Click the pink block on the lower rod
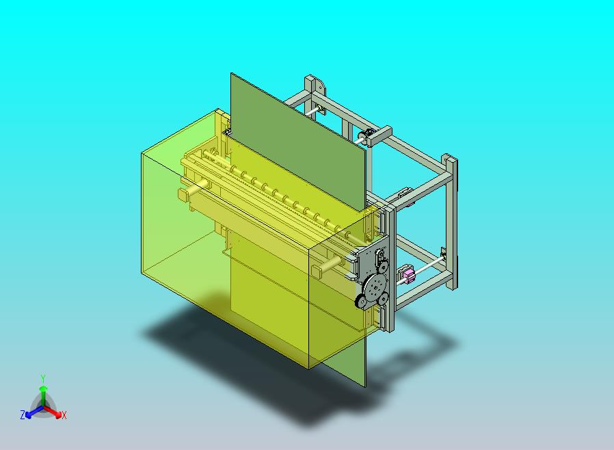point(408,276)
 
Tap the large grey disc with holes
point(375,288)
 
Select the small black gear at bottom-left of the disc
point(362,302)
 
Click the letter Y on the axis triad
point(43,378)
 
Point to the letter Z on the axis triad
point(23,414)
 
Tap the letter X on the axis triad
point(64,415)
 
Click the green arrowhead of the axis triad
point(43,388)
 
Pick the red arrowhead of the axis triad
point(58,414)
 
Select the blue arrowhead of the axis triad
point(29,414)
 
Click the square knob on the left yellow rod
point(183,194)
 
